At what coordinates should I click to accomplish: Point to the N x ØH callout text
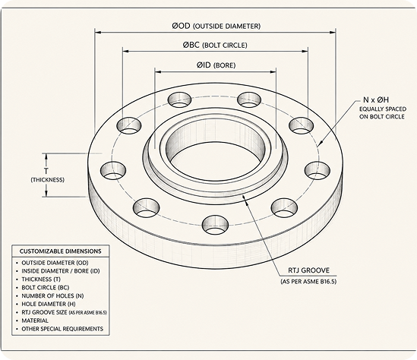coord(376,100)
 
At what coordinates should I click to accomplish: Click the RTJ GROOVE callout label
coord(308,270)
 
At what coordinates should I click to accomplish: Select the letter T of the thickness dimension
coord(46,171)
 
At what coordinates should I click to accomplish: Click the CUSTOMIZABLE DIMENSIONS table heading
coord(60,251)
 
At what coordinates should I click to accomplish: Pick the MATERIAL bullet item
coord(35,321)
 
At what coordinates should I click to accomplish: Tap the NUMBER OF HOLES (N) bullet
coord(52,296)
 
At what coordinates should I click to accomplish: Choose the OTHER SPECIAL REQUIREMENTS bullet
coord(62,329)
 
